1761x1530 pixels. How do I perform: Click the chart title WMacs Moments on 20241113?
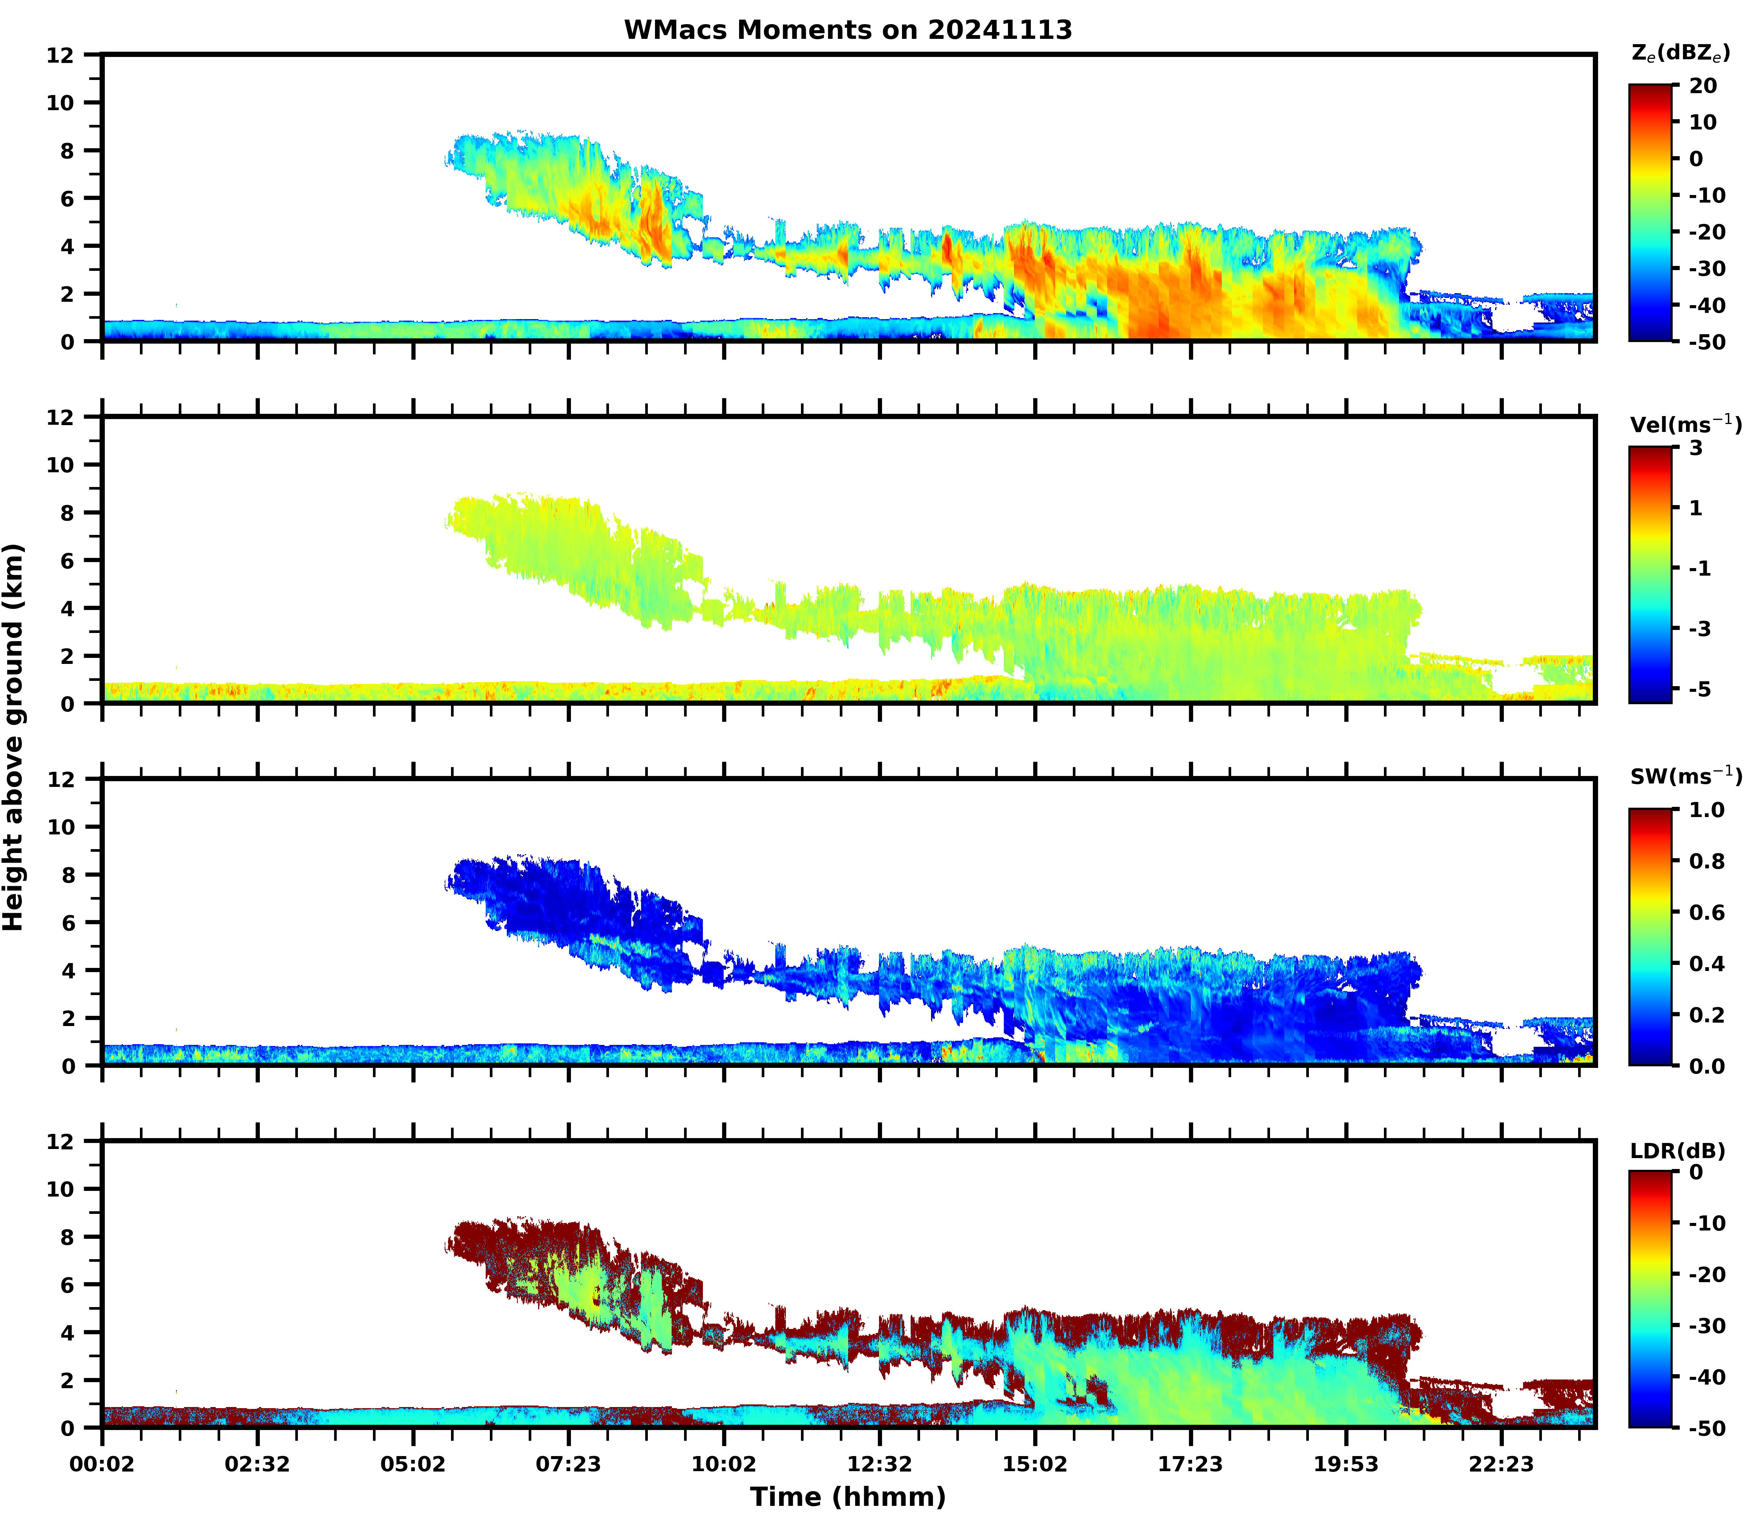click(x=848, y=30)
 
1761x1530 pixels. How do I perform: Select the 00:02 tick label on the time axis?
click(x=103, y=1464)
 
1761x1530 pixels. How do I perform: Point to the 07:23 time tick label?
click(x=569, y=1464)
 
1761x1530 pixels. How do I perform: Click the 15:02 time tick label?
click(x=1035, y=1464)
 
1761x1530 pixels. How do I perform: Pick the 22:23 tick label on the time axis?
click(x=1501, y=1464)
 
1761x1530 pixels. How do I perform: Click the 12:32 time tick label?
click(x=879, y=1464)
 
